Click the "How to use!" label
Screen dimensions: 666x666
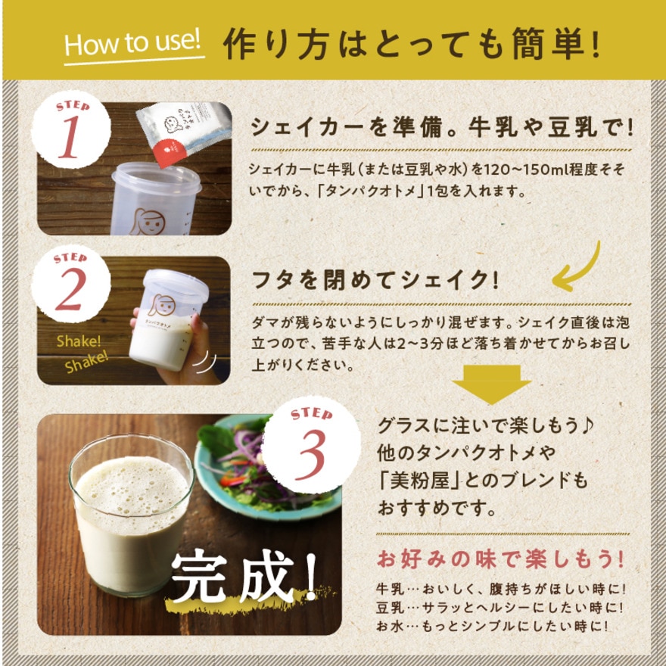pyautogui.click(x=134, y=43)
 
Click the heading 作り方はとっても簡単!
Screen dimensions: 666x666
pyautogui.click(x=412, y=45)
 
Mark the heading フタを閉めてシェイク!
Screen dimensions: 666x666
pyautogui.click(x=375, y=280)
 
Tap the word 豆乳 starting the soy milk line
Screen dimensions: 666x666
pyautogui.click(x=388, y=608)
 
